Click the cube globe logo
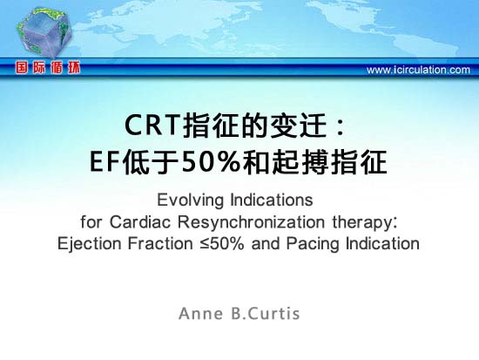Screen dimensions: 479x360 tap(44, 33)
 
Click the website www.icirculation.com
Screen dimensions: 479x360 tap(418, 70)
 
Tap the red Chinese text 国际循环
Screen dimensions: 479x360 tap(48, 68)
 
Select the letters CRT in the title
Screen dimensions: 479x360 tap(152, 126)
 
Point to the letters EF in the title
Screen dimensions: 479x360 tap(105, 162)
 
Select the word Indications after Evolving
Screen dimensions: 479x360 tap(272, 200)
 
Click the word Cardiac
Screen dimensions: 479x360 tap(140, 221)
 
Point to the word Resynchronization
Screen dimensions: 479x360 tap(251, 222)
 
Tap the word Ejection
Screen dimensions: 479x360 tap(90, 244)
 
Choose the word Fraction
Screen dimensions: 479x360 tap(160, 243)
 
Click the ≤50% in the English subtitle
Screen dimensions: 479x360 tap(222, 244)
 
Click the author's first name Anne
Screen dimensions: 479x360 tap(200, 314)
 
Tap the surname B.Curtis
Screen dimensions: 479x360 tap(266, 314)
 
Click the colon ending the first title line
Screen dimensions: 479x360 tap(339, 127)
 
